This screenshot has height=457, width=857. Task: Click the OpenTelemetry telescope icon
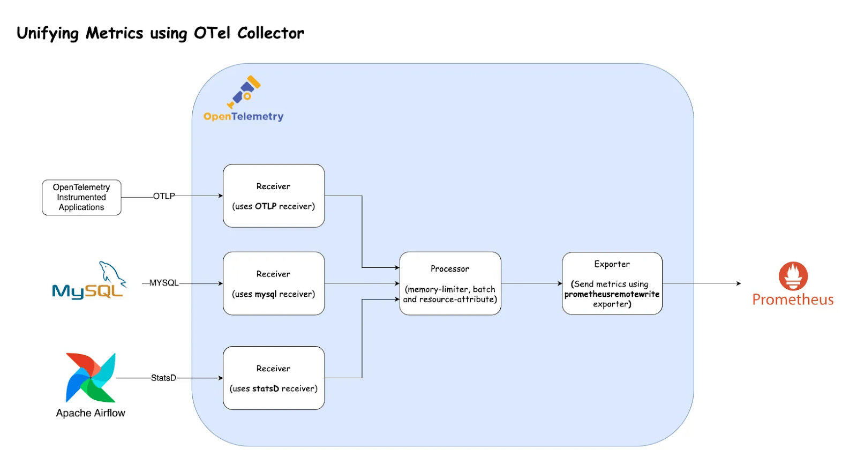[244, 92]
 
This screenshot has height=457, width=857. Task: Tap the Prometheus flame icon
[793, 276]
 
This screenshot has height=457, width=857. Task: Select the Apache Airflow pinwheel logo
[91, 377]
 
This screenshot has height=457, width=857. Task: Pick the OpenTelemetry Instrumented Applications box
[81, 198]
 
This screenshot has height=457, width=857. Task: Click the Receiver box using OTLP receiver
[274, 196]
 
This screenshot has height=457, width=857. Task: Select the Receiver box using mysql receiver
[274, 283]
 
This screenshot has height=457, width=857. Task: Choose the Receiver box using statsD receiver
[274, 378]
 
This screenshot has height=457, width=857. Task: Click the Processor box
[450, 283]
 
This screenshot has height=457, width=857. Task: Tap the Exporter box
[612, 283]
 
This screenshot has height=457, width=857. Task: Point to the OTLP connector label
[164, 196]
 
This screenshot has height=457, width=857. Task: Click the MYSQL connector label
[164, 283]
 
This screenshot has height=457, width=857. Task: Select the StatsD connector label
[163, 378]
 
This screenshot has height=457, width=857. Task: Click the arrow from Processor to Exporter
[532, 283]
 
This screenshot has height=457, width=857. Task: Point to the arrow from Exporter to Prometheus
[702, 283]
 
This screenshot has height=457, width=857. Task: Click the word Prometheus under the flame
[793, 299]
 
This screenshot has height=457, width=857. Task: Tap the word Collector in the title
[271, 33]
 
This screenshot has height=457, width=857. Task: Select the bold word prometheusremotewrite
[612, 294]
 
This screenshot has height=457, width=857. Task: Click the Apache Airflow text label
[91, 413]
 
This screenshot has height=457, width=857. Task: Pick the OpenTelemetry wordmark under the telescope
[243, 116]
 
